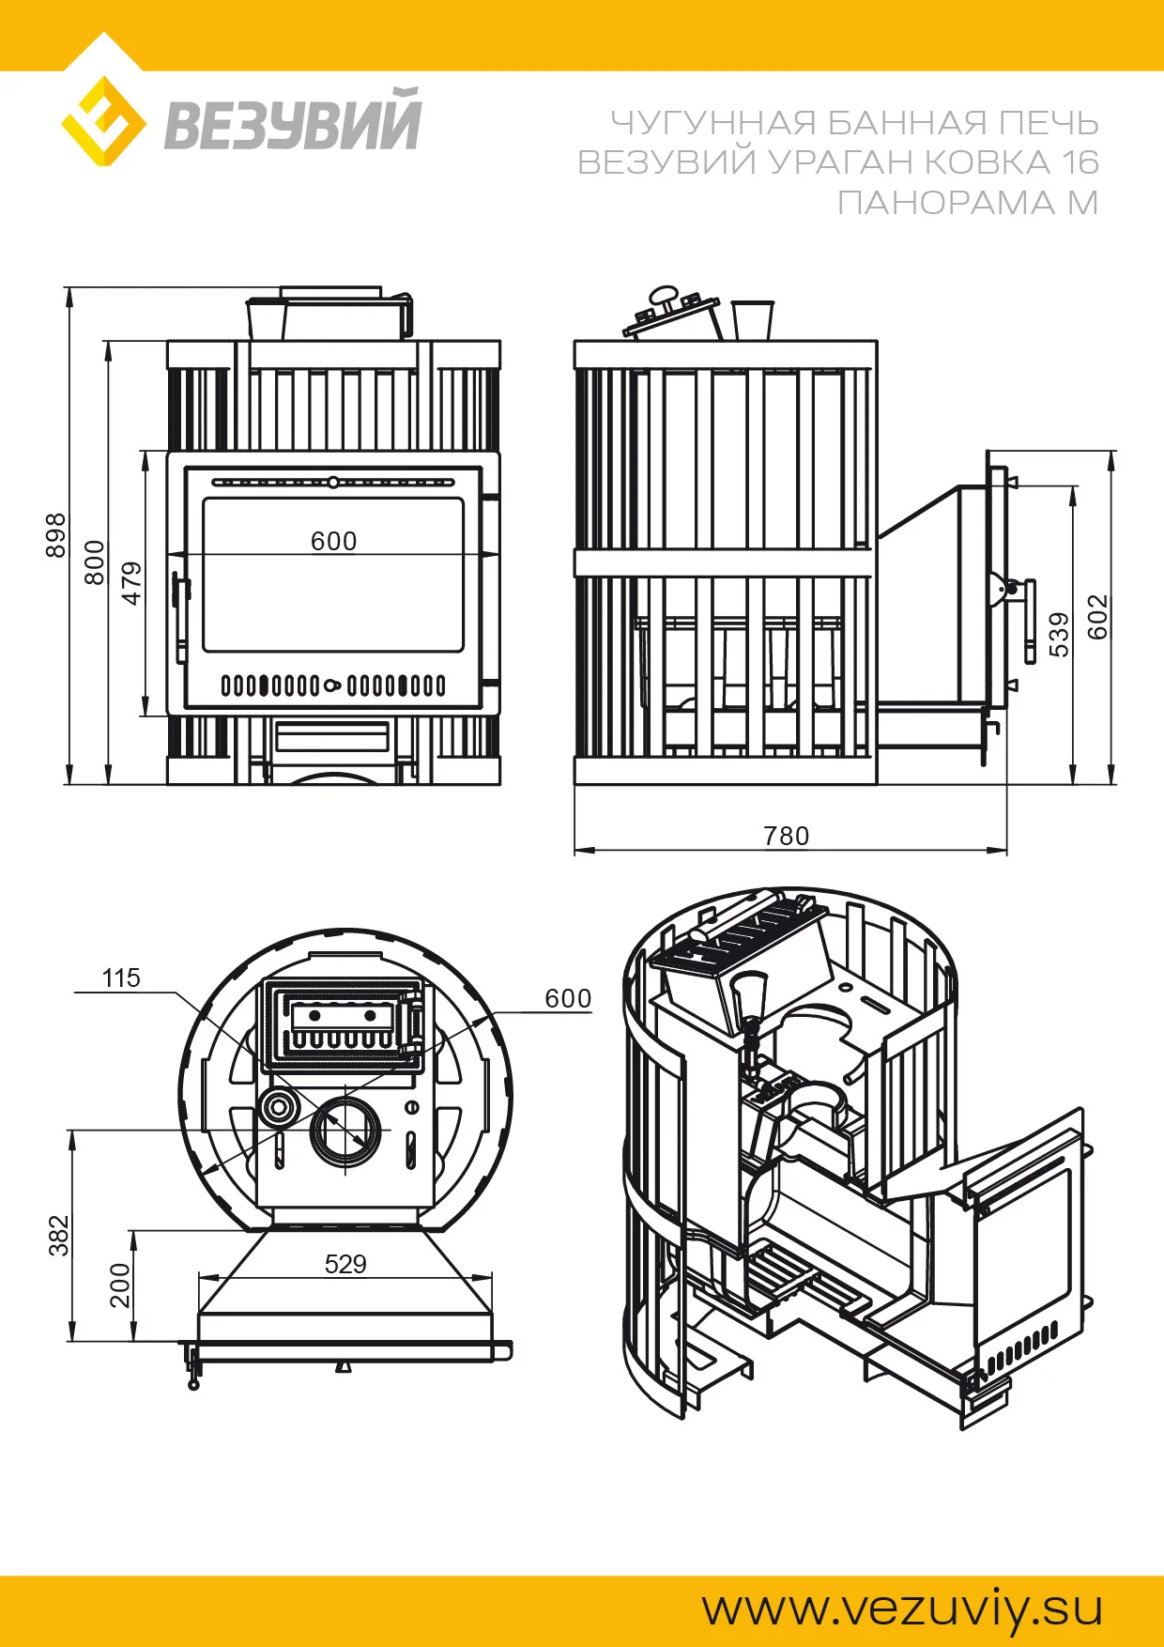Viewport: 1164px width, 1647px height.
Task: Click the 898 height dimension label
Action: tap(56, 535)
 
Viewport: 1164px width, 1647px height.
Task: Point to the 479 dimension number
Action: tap(132, 583)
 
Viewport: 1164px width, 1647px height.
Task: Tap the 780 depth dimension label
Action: tap(786, 836)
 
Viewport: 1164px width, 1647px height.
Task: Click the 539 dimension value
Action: tap(1059, 635)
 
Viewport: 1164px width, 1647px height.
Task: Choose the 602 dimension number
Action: tap(1097, 617)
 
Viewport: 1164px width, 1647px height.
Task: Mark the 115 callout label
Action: tap(121, 978)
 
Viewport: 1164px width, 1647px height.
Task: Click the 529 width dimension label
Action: tap(345, 1264)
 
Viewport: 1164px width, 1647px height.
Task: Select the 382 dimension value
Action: tap(59, 1236)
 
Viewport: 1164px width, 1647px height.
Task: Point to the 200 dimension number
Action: tap(120, 1285)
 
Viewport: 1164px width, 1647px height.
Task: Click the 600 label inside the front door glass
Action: tap(334, 541)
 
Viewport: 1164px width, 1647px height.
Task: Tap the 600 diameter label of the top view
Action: tap(568, 999)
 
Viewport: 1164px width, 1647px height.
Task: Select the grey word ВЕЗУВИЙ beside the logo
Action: tap(293, 121)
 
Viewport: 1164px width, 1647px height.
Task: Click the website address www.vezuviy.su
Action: tap(902, 1608)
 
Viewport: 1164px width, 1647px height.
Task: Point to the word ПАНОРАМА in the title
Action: tap(946, 203)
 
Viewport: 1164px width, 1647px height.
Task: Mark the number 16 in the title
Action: tap(1080, 162)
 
